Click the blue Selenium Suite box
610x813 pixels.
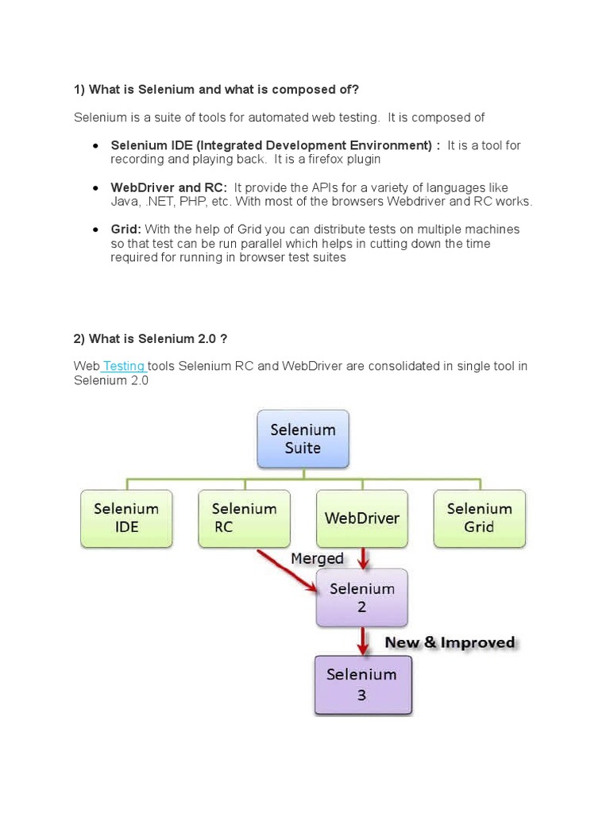(303, 438)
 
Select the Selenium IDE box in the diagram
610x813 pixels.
(126, 518)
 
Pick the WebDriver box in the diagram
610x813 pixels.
(362, 518)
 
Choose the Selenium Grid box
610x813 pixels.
(479, 518)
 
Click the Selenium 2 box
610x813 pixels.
(361, 598)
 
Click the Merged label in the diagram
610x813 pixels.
(317, 558)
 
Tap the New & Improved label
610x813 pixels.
(450, 642)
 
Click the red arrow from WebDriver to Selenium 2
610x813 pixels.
(363, 557)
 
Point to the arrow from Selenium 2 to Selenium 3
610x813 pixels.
(363, 641)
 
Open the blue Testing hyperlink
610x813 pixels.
(124, 366)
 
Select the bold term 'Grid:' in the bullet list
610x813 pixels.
(126, 229)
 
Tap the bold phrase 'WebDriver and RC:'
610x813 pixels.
(168, 187)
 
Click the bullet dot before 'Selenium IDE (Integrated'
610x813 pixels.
(95, 146)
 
